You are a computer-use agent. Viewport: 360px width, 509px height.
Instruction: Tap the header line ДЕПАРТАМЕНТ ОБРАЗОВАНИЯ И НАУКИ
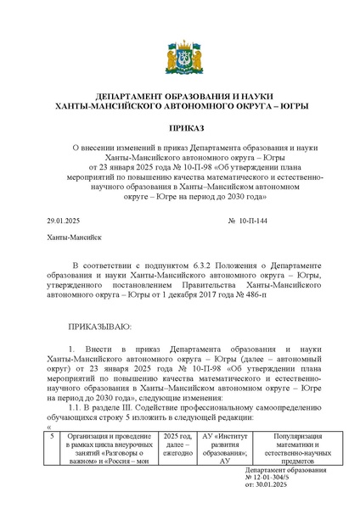point(179,97)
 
